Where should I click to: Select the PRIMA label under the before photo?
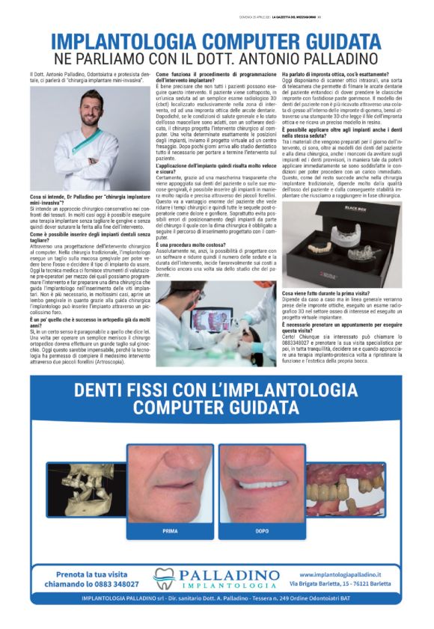pyautogui.click(x=170, y=531)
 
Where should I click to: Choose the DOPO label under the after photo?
pyautogui.click(x=262, y=531)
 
